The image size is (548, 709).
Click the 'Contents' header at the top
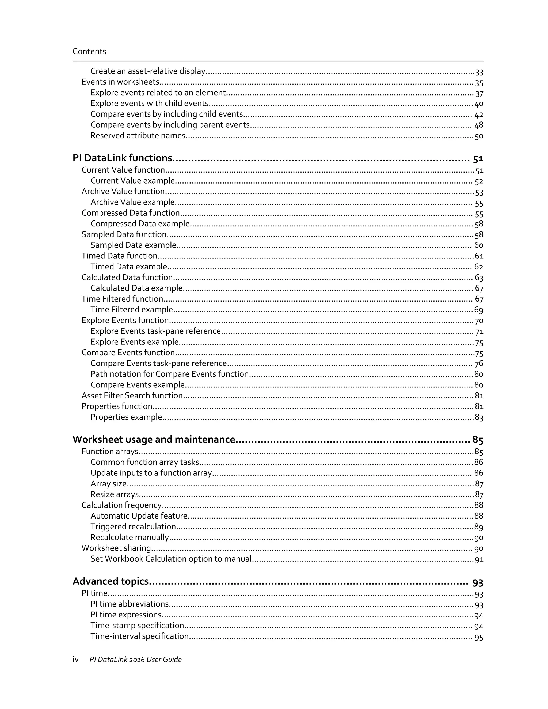click(x=89, y=51)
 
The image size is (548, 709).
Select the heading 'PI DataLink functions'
click(x=122, y=158)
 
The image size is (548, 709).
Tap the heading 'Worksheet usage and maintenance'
click(x=154, y=439)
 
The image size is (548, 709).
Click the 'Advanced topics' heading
click(x=111, y=581)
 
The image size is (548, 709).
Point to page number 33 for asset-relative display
click(x=479, y=72)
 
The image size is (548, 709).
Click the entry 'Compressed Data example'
click(x=140, y=224)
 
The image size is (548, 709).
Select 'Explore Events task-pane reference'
click(x=155, y=331)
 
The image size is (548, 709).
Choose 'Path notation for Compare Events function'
click(x=169, y=374)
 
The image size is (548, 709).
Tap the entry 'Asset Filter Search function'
click(x=132, y=395)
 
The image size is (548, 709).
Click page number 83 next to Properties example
click(x=479, y=417)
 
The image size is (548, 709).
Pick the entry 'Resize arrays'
click(x=115, y=494)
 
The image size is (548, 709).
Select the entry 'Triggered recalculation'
click(x=133, y=527)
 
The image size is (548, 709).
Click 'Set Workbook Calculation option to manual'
click(x=171, y=559)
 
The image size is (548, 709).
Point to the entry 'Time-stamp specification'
click(x=137, y=626)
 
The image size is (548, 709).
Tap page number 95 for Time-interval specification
click(x=479, y=637)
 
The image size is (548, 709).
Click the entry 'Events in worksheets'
click(x=120, y=82)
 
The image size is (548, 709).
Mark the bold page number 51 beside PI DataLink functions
click(x=478, y=159)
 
